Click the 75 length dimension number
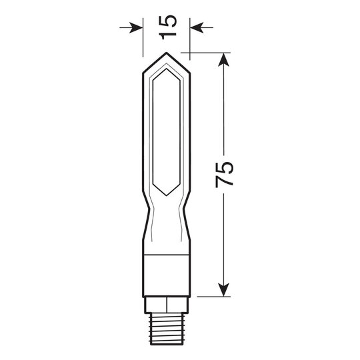(x=226, y=174)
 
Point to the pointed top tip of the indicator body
(x=167, y=54)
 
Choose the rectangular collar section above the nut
(x=167, y=274)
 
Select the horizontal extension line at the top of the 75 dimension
(x=207, y=53)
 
